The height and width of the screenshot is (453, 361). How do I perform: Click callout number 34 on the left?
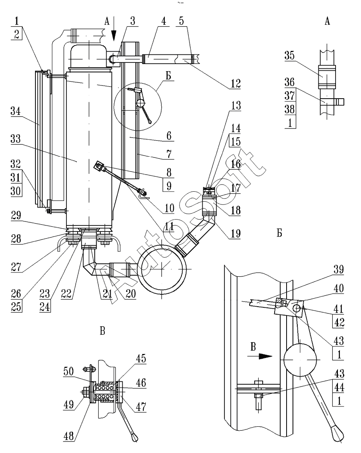16,111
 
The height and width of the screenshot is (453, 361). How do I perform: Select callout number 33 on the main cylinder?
16,139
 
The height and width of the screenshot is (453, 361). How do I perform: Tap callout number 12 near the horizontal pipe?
236,84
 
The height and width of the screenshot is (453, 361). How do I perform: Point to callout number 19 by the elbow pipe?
236,233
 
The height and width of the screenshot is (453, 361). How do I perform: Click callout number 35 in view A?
289,55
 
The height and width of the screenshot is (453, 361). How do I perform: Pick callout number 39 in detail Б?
338,269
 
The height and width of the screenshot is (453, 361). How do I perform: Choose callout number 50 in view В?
68,371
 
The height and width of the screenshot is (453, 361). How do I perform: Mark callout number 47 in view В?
141,407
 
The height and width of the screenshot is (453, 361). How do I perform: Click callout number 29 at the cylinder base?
16,215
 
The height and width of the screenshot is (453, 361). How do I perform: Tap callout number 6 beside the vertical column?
169,136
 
